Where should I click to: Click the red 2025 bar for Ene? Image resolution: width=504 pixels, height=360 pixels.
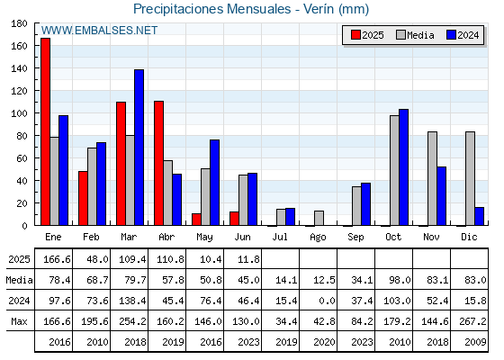[x=45, y=131]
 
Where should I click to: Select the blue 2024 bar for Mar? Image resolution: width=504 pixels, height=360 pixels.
[x=139, y=148]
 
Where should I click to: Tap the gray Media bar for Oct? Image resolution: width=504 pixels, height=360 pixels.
[x=394, y=170]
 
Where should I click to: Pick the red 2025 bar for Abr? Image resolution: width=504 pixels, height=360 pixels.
[x=158, y=163]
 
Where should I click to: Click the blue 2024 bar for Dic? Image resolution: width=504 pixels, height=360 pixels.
[x=479, y=216]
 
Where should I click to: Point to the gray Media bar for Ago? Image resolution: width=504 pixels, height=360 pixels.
[x=319, y=218]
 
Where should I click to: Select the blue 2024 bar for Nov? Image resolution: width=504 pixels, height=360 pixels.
[x=441, y=196]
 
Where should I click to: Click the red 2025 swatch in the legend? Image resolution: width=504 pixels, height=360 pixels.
[x=355, y=35]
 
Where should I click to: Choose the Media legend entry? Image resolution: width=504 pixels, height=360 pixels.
[x=415, y=35]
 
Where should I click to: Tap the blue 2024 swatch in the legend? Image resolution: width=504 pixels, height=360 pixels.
[x=451, y=35]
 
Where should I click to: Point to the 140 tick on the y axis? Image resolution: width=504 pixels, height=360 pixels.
[x=36, y=68]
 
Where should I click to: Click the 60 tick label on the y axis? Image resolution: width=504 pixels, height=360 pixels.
[x=20, y=158]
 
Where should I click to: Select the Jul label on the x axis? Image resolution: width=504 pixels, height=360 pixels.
[x=280, y=237]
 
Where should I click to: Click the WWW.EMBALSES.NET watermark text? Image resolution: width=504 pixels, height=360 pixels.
[x=99, y=31]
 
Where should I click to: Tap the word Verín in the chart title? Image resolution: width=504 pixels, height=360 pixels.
[x=319, y=9]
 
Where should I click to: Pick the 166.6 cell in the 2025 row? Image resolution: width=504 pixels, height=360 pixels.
[x=57, y=259]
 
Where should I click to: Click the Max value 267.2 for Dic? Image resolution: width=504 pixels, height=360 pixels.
[x=472, y=321]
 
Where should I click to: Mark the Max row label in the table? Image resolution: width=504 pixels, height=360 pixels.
[x=19, y=321]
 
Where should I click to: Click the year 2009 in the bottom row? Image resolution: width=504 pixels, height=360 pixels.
[x=475, y=342]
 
